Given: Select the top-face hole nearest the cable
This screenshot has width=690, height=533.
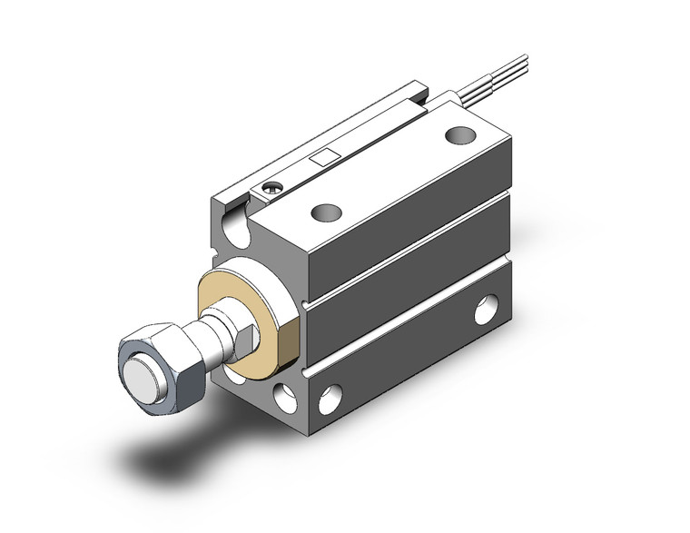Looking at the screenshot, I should click(459, 136).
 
